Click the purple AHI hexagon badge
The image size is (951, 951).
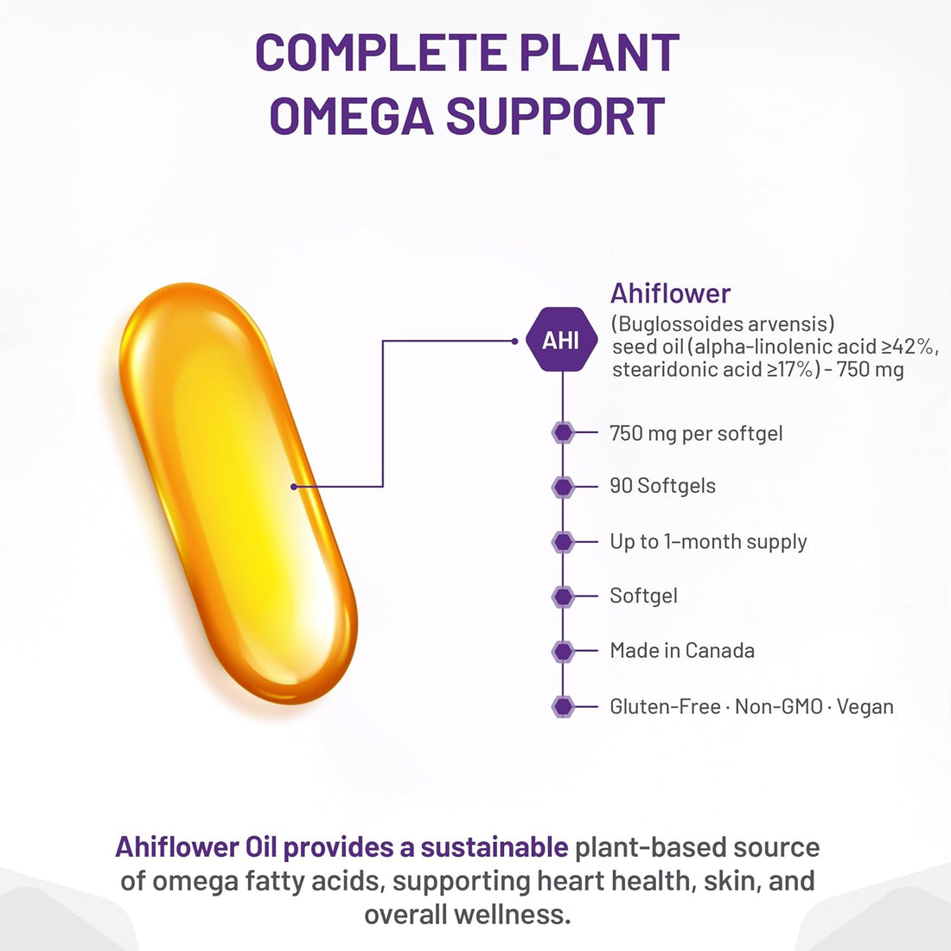[561, 340]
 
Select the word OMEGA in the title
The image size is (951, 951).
[352, 117]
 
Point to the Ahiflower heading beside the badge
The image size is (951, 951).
[670, 293]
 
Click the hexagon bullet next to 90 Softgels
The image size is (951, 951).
[563, 487]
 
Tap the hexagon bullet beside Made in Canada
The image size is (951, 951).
[563, 651]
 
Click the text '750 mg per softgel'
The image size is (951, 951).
[696, 433]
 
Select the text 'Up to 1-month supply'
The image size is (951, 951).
[708, 542]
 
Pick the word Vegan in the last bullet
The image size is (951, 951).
[865, 706]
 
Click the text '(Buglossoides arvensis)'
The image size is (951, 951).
[723, 324]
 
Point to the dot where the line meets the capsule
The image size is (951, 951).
[294, 487]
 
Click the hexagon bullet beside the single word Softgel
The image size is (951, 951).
[563, 597]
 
